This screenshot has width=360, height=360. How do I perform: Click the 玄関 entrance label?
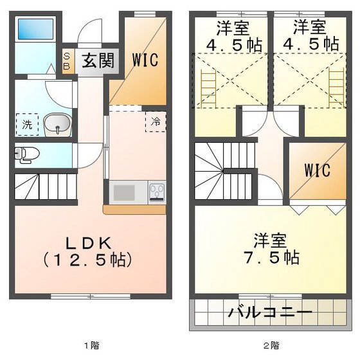pyautogui.click(x=98, y=61)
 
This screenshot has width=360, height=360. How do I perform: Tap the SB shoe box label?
pyautogui.click(x=67, y=62)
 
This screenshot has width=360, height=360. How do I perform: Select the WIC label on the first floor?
pyautogui.click(x=145, y=59)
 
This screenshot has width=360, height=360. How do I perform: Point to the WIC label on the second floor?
pyautogui.click(x=317, y=171)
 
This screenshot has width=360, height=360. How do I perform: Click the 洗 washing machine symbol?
pyautogui.click(x=26, y=125)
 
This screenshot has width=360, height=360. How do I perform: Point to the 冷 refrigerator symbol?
pyautogui.click(x=155, y=121)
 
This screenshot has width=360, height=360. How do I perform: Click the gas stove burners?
pyautogui.click(x=157, y=192)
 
